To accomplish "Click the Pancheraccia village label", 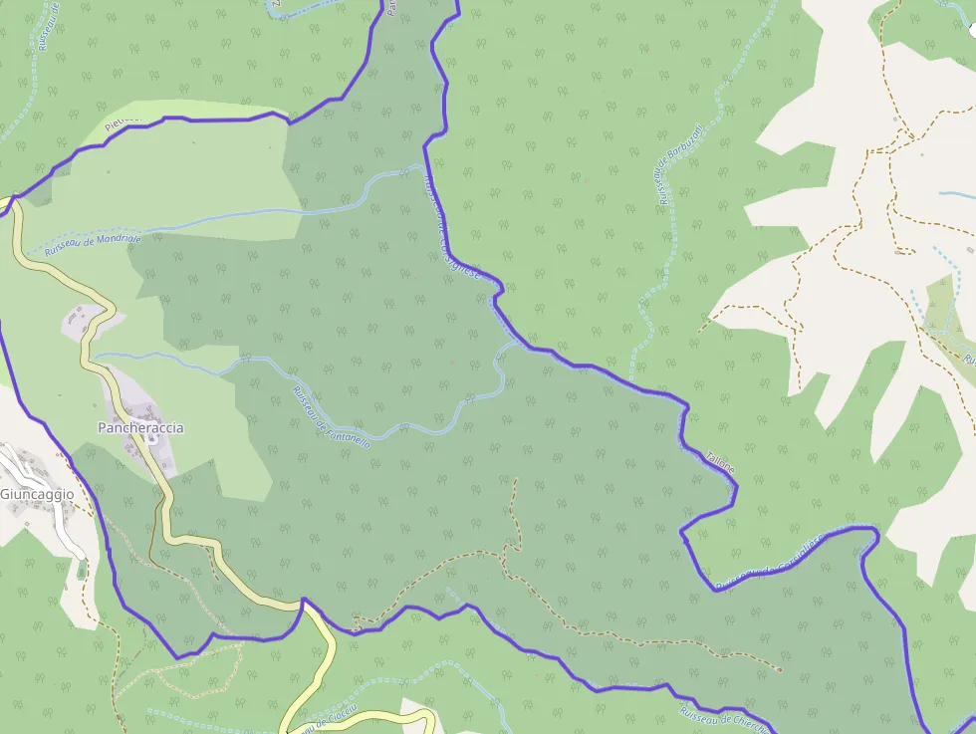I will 140,427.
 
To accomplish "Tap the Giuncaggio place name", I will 37,494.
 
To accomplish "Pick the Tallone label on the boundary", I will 720,465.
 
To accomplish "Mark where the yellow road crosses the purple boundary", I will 303,602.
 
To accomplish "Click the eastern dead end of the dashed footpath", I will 779,670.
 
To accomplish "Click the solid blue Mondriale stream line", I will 249,213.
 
